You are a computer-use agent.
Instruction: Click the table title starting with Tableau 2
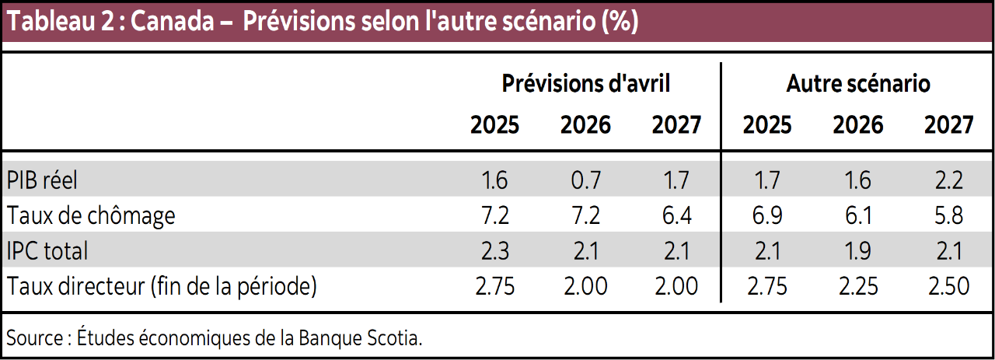[x=321, y=22]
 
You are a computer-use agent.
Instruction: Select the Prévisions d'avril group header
[x=585, y=83]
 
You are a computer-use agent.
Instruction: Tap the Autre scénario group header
[x=858, y=83]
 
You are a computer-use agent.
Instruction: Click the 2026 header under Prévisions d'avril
[x=585, y=124]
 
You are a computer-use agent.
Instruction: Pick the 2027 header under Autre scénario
[x=948, y=124]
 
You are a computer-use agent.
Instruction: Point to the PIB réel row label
[x=43, y=180]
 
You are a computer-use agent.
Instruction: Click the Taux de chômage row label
[x=91, y=215]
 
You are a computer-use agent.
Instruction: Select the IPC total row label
[x=47, y=250]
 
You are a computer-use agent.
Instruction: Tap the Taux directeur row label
[x=162, y=285]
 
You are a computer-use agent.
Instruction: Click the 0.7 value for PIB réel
[x=585, y=180]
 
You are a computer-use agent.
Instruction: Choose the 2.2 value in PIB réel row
[x=948, y=180]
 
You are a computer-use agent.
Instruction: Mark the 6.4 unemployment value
[x=676, y=215]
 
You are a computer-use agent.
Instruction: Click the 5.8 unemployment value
[x=948, y=215]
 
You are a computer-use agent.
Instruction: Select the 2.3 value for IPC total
[x=494, y=250]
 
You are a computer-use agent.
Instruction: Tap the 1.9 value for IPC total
[x=858, y=250]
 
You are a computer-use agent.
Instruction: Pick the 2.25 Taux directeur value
[x=858, y=285]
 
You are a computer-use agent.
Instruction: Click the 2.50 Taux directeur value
[x=948, y=285]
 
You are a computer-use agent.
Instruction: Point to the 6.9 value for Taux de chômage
[x=766, y=215]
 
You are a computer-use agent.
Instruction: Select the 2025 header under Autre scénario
[x=766, y=124]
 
